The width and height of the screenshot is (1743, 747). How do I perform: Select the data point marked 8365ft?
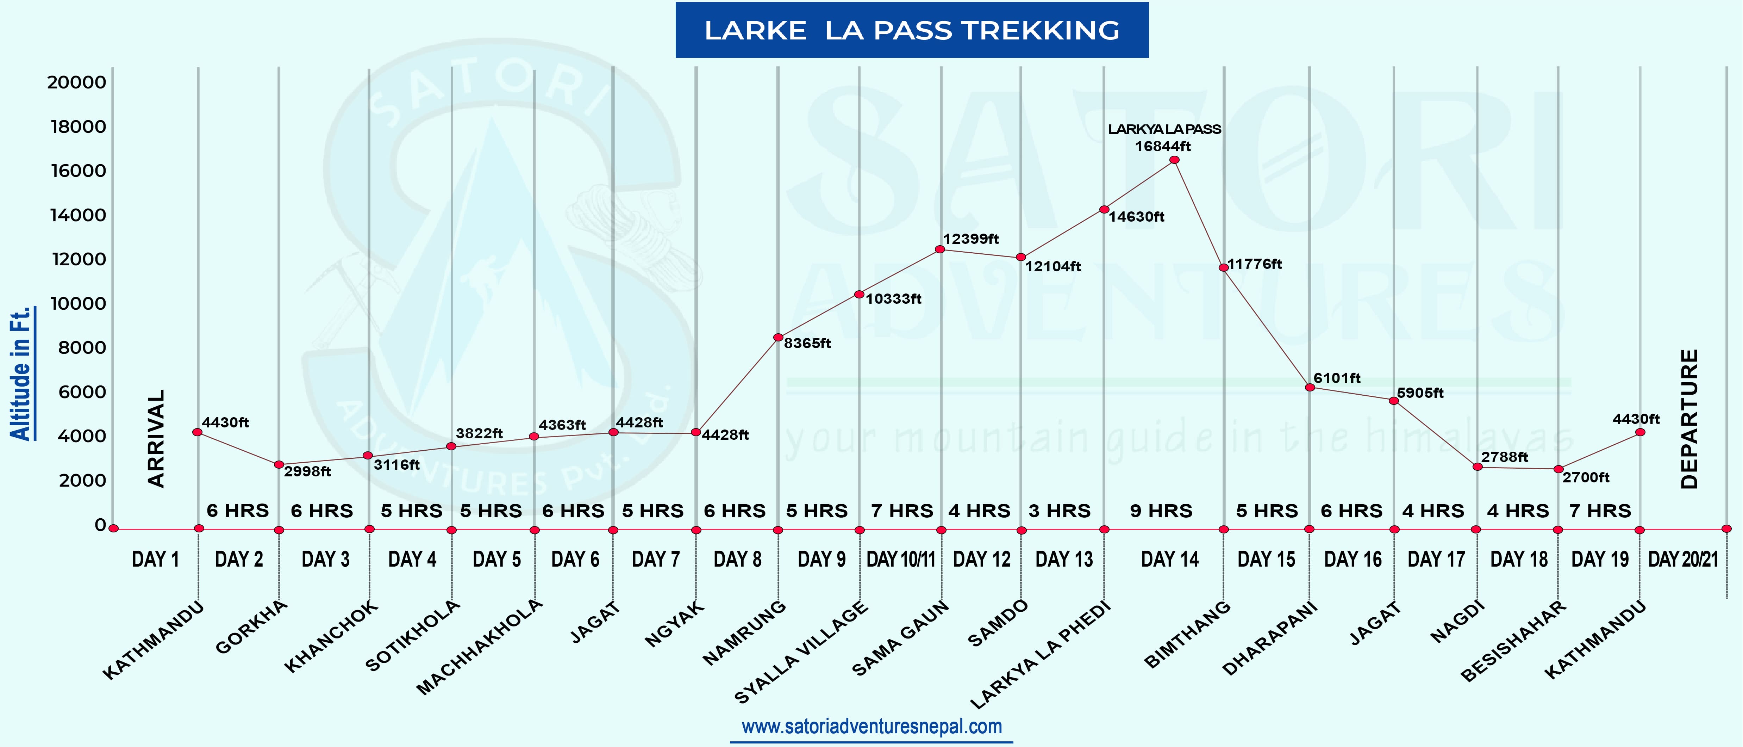(778, 337)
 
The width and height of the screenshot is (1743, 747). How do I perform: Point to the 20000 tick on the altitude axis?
(76, 82)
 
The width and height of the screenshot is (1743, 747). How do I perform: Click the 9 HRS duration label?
(1161, 511)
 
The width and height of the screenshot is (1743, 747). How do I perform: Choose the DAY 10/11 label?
(901, 560)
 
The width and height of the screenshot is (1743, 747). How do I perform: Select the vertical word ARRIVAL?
(156, 438)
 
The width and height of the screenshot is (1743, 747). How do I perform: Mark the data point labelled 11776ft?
(1223, 267)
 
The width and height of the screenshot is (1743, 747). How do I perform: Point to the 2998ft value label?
(307, 471)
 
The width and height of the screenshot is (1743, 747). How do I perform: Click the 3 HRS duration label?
(1060, 511)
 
